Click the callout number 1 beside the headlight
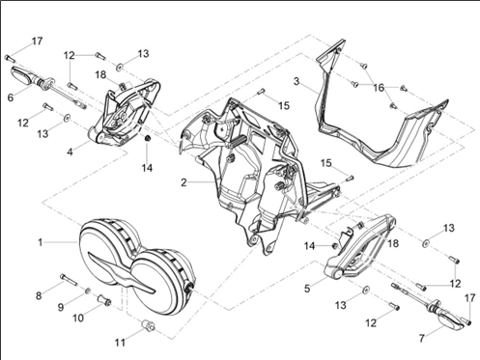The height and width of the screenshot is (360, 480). coord(41,242)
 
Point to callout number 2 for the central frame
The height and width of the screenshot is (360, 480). coord(184,182)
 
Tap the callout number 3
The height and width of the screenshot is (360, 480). coord(296,81)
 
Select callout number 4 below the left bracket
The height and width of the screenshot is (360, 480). coord(71,152)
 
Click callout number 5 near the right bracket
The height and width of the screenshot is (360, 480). coord(307,289)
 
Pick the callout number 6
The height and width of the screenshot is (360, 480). coord(11,97)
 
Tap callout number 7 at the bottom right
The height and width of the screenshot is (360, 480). coord(422,338)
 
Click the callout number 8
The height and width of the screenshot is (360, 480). coord(39,295)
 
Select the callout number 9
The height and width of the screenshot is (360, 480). coord(61,307)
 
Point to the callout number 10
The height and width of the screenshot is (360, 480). coord(78,318)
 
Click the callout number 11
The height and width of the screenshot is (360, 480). coord(120,343)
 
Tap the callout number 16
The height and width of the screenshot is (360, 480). coord(379,88)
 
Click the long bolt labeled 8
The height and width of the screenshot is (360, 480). coord(69,280)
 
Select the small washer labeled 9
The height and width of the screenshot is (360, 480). coord(87,291)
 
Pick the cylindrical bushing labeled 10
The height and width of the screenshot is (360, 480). coord(104,299)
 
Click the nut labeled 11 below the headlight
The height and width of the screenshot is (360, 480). coord(149,325)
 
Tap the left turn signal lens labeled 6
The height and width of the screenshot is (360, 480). coord(24,75)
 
